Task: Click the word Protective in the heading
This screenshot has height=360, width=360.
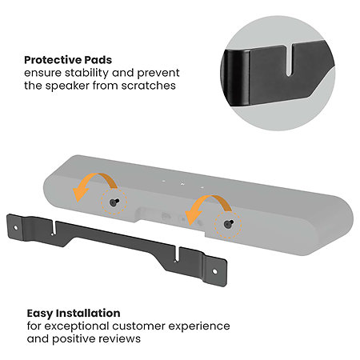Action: [53, 60]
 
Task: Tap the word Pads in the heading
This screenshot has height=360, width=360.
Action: [98, 60]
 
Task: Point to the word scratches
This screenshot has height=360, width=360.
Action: [149, 86]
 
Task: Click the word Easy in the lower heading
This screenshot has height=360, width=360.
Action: [40, 314]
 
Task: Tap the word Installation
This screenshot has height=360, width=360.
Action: [89, 313]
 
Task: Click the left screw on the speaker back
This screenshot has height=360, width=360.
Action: [114, 202]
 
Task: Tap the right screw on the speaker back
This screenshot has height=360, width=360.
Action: [229, 224]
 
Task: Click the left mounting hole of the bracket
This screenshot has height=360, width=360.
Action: [15, 228]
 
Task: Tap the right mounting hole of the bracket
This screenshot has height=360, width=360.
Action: [214, 271]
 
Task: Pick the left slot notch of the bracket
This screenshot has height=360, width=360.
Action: [54, 228]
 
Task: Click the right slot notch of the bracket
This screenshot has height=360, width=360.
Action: [177, 254]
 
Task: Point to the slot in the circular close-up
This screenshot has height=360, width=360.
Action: [289, 59]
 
